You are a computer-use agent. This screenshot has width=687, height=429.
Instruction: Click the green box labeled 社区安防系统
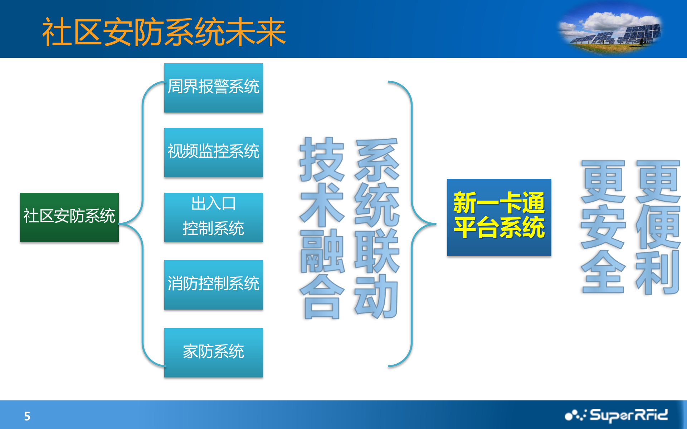click(x=69, y=217)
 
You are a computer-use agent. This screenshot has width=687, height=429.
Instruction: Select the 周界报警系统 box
click(x=213, y=88)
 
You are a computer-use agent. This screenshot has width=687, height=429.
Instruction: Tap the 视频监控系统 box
click(x=213, y=152)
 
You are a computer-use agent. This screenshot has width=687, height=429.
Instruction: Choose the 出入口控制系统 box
click(x=213, y=217)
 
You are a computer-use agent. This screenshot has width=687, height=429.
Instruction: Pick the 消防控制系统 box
click(x=213, y=285)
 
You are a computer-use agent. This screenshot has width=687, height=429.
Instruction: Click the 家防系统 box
click(x=213, y=352)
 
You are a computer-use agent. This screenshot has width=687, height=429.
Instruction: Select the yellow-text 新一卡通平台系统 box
click(x=499, y=217)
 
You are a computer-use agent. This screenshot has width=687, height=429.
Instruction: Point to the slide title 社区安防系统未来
click(x=164, y=32)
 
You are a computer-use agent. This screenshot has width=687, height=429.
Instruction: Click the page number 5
click(x=27, y=416)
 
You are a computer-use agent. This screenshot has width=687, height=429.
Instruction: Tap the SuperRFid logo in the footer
click(x=616, y=415)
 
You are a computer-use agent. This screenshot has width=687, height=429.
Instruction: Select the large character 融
click(x=322, y=251)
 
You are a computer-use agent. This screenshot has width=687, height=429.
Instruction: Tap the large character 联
click(x=376, y=251)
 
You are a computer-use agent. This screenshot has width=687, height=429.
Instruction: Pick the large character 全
click(x=603, y=272)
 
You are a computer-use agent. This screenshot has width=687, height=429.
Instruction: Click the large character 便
click(x=658, y=227)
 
